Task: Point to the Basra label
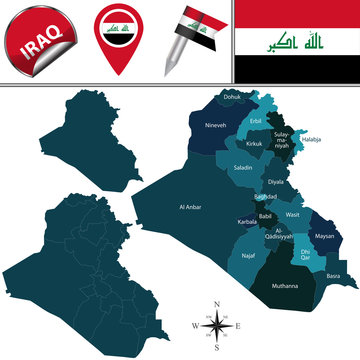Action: tap(333, 275)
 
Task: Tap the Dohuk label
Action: tap(232, 96)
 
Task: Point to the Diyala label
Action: tap(275, 182)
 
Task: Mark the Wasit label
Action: tap(293, 214)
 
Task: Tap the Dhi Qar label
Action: tap(297, 254)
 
